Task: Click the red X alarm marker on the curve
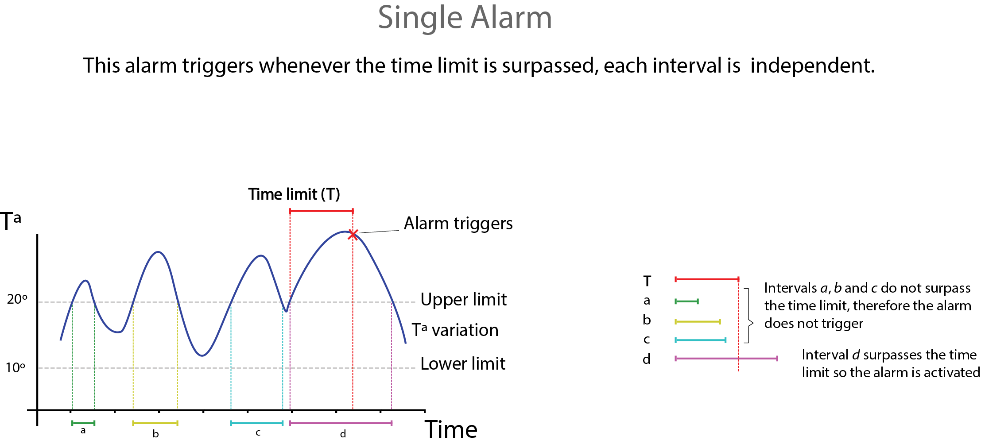[x=353, y=235]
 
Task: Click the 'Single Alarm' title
[x=465, y=18]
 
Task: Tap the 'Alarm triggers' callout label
[x=458, y=224]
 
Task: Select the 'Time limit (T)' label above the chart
[x=294, y=194]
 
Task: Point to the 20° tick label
[x=17, y=299]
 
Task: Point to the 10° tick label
[x=16, y=367]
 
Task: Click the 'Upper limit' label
[x=463, y=300]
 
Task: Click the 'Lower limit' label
[x=463, y=364]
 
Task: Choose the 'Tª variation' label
[x=455, y=330]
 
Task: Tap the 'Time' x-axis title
[x=451, y=429]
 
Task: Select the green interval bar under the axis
[x=83, y=423]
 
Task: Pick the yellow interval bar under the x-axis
[x=155, y=423]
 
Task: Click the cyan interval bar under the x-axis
[x=257, y=423]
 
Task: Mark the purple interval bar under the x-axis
[x=341, y=423]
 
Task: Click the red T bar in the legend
[x=707, y=279]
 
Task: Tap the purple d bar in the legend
[x=726, y=359]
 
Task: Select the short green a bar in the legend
[x=686, y=301]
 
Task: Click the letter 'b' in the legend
[x=647, y=320]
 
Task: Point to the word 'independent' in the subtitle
[x=812, y=66]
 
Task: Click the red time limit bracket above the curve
[x=321, y=211]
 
